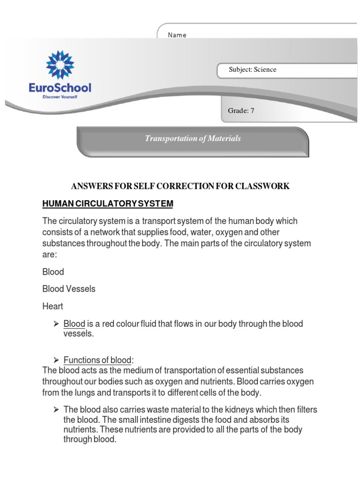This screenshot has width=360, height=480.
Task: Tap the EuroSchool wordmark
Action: coord(60,88)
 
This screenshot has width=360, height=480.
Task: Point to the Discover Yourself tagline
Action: coord(60,97)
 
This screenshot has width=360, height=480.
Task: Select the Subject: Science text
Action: coord(252,70)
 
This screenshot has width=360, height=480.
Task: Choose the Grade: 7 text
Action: coord(241,111)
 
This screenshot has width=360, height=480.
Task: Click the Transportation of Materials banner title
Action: coord(193,138)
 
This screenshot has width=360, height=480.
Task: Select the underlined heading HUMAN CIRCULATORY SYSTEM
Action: coord(108,204)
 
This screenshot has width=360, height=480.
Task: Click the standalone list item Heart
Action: coord(52,306)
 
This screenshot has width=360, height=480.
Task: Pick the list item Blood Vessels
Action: coord(68,289)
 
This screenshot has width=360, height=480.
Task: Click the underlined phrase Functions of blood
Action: coord(97,360)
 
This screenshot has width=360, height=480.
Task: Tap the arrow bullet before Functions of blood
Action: coord(55,360)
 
